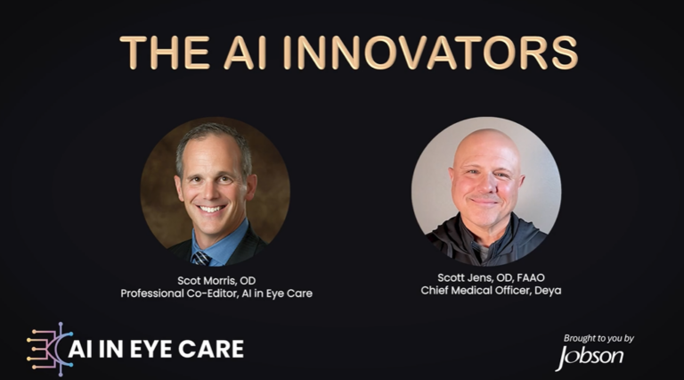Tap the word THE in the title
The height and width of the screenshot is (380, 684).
coord(165,53)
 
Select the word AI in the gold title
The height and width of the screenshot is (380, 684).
coord(245,53)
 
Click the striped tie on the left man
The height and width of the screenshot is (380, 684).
coord(201,258)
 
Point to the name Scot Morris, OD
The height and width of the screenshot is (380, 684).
coord(216,280)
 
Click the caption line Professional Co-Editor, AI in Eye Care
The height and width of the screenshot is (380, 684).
coord(216,293)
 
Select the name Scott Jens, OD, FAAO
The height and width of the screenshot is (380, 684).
coord(491,277)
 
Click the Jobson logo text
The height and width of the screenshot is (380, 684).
coord(590,357)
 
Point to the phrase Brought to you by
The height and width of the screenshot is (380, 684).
coord(598,338)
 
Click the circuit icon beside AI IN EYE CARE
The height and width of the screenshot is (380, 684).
coord(49,350)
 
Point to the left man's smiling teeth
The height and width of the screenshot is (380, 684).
coord(211,210)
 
